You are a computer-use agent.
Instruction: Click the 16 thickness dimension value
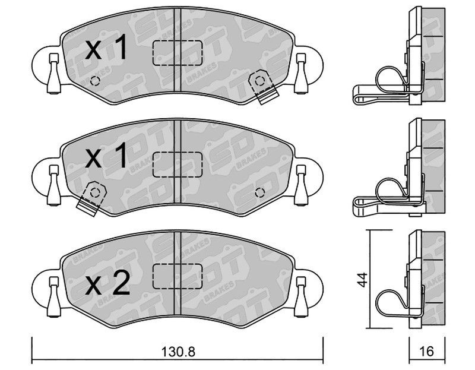tap(427, 352)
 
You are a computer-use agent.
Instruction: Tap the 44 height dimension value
tap(362, 280)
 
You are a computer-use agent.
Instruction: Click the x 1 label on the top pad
tap(106, 47)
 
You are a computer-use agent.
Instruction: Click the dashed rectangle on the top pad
tap(177, 53)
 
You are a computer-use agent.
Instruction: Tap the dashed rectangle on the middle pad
tap(177, 165)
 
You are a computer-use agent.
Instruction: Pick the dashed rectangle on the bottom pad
tap(177, 276)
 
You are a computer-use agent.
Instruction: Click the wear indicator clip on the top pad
tap(262, 86)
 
